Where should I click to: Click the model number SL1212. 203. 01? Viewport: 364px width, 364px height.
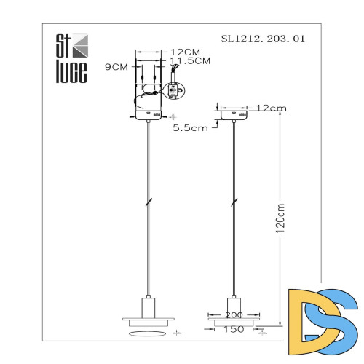[263, 39]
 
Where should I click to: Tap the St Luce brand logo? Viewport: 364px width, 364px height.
[72, 58]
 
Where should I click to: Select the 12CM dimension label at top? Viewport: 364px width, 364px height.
[186, 52]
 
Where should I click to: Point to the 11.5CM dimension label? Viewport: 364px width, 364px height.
[190, 60]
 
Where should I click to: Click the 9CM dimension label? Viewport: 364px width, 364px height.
[116, 67]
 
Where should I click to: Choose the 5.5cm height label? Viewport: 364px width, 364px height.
[190, 128]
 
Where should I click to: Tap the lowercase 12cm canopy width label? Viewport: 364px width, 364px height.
[271, 108]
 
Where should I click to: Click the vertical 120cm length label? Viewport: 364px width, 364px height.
[280, 218]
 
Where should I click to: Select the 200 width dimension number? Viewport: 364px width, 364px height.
[234, 315]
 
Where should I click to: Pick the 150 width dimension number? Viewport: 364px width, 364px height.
[234, 329]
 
